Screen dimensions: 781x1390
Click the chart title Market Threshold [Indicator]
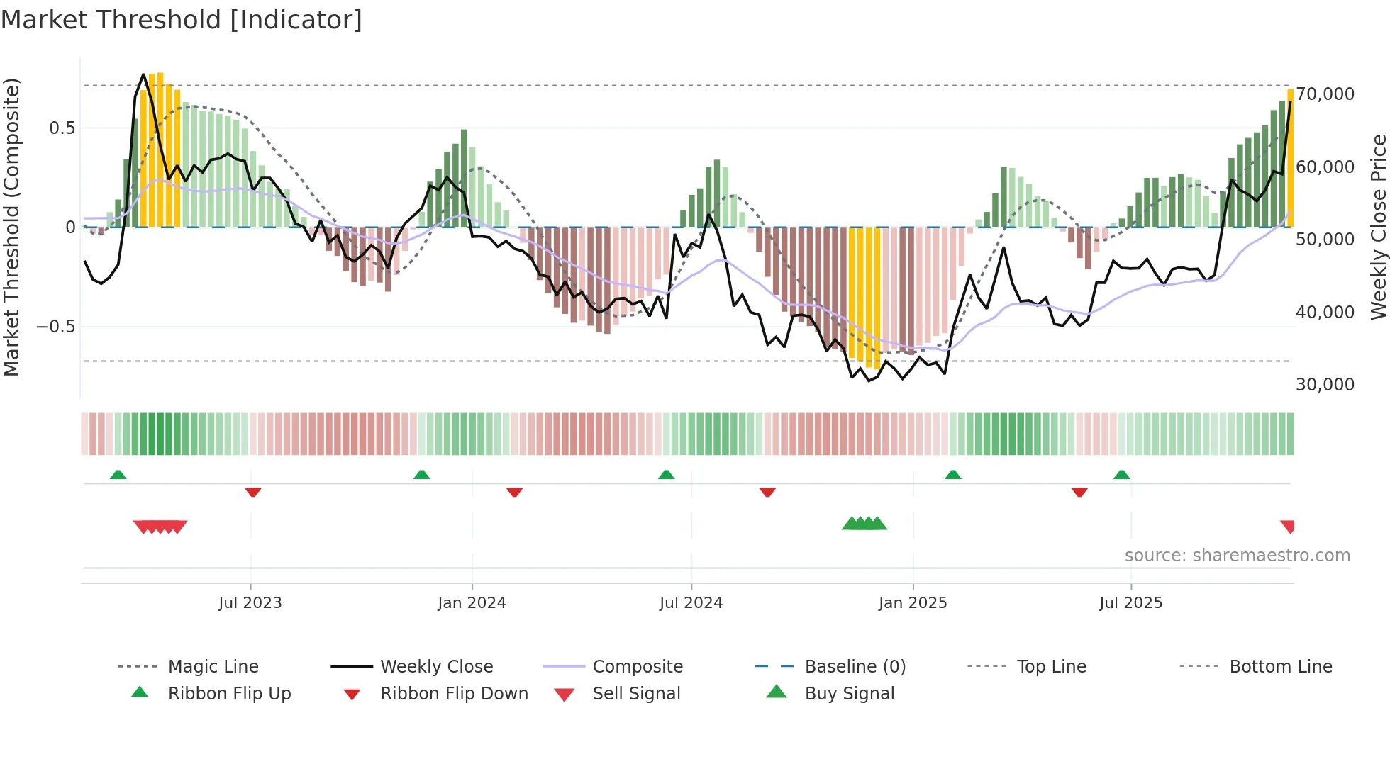coord(182,20)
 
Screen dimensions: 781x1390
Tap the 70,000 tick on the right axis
coord(1325,94)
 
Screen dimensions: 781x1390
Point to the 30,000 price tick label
coord(1325,384)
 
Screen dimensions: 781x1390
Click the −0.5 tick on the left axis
coord(55,326)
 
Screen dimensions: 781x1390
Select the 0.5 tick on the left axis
coord(62,128)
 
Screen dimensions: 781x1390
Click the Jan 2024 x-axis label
coord(472,602)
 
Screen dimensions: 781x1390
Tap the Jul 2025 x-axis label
coord(1130,602)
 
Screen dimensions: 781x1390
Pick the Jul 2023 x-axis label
coord(250,602)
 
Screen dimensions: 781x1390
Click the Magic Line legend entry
coord(213,666)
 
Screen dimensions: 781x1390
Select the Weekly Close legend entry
coord(436,666)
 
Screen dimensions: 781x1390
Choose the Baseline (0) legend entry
coord(855,666)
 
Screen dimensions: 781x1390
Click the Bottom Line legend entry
coord(1280,666)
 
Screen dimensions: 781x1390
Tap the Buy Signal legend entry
coord(849,693)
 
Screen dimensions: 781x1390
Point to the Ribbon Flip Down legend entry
coord(454,693)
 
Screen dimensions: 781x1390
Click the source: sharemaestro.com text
coord(1237,555)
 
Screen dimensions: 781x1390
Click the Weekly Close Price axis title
coord(1378,227)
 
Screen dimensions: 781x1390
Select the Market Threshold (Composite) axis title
coord(11,227)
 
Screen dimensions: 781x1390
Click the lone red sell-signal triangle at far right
coord(1288,526)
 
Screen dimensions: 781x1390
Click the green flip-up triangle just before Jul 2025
coord(1121,475)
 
